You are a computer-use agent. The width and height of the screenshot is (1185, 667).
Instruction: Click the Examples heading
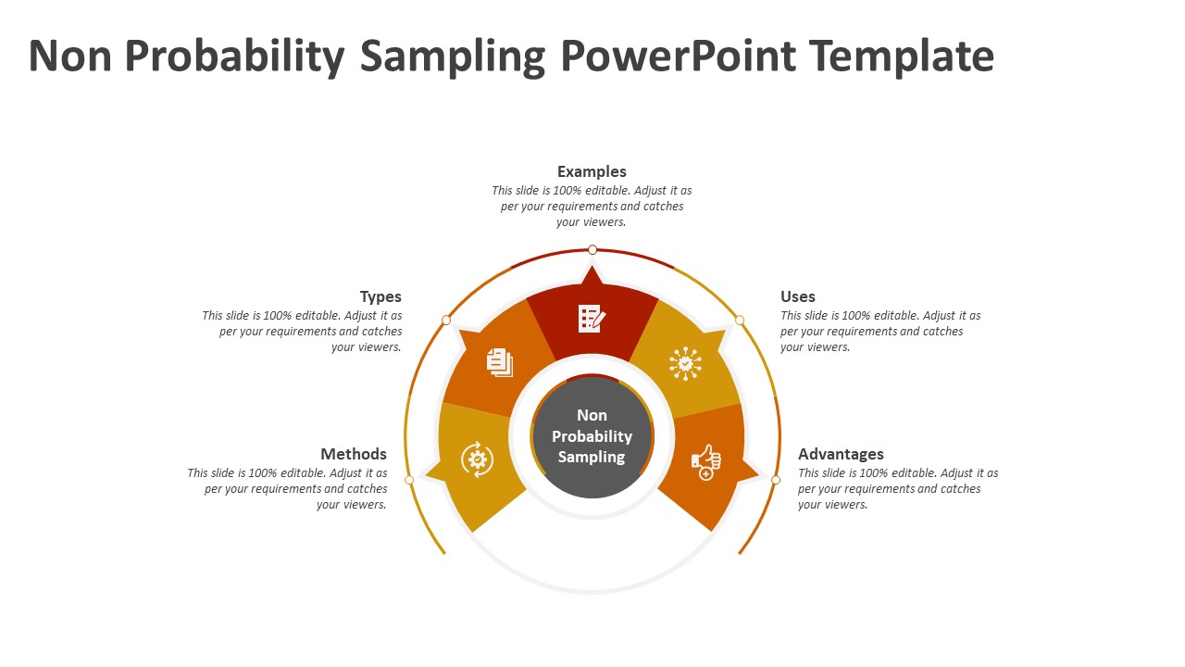pos(592,171)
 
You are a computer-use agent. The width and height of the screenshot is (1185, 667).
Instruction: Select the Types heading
pos(380,296)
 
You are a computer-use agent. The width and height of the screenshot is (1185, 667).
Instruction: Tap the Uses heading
pos(797,296)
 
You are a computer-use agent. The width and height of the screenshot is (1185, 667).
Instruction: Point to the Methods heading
pos(354,454)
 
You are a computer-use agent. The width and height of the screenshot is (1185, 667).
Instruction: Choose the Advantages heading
pos(841,454)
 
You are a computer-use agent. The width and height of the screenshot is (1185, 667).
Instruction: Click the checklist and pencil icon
pos(592,319)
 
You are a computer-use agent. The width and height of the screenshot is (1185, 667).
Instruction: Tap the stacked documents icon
pos(500,362)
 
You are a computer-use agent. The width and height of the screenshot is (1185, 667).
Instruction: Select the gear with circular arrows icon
pos(478,459)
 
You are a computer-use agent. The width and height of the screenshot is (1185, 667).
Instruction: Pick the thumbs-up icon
pos(706,461)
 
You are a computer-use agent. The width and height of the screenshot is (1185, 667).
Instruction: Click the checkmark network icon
pos(685,363)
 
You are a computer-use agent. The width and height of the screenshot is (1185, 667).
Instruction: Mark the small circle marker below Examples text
pos(592,250)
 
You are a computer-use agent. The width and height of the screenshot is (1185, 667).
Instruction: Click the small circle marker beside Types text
pos(446,320)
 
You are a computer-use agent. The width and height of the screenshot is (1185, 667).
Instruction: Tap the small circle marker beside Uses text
pos(740,320)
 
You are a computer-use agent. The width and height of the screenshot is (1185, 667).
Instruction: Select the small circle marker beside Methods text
pos(409,480)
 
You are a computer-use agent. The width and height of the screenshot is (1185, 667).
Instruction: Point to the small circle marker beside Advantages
pos(776,480)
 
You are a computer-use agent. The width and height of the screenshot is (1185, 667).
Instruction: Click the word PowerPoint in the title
pos(678,56)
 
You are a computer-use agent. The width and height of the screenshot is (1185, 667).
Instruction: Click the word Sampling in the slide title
pos(453,57)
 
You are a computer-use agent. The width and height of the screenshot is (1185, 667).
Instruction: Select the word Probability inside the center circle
pos(592,436)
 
